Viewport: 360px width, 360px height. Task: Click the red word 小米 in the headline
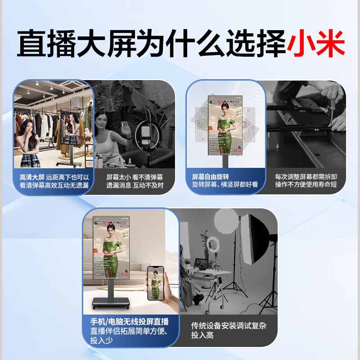pos(316,44)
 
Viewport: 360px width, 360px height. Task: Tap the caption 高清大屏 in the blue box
pos(32,177)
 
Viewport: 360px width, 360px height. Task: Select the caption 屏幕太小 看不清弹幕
pos(135,177)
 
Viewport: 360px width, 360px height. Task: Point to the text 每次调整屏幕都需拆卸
pos(306,177)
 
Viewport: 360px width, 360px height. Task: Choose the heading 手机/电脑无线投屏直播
pos(129,321)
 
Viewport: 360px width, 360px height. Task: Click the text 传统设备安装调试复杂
pos(229,325)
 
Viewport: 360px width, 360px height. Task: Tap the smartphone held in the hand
pos(155,283)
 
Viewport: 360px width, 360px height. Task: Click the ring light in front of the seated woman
pos(145,133)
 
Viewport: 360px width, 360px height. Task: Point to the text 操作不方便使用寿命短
pos(306,185)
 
